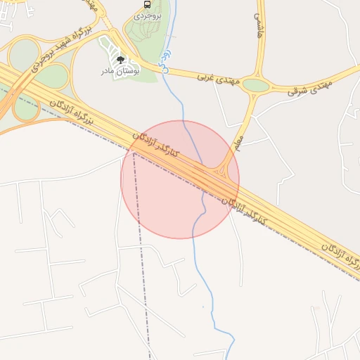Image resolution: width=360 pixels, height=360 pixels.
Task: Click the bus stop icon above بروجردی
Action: point(146,4)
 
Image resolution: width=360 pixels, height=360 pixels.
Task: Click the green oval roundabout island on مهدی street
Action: point(257,86)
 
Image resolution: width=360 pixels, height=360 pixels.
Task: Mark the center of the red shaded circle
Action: point(180,179)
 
